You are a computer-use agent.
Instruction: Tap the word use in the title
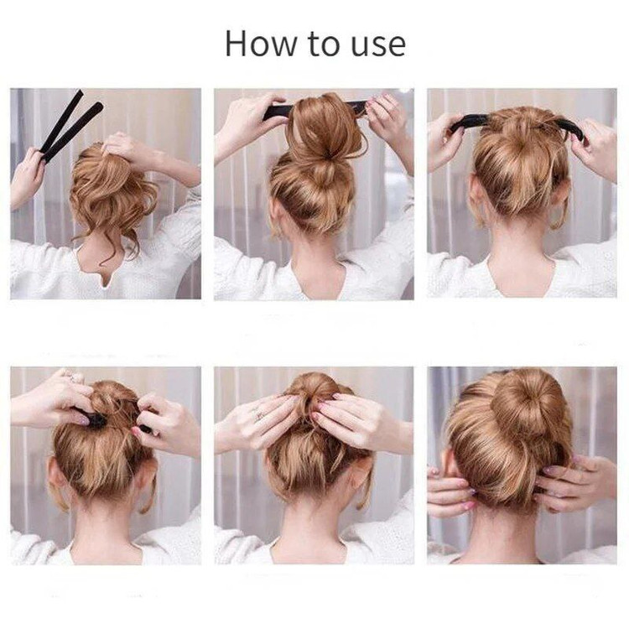378,46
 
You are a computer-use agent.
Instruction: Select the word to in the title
324,44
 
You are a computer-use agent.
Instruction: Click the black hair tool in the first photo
70,126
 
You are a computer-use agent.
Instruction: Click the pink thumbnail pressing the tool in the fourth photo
84,420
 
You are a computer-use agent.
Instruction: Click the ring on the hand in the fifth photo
258,413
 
